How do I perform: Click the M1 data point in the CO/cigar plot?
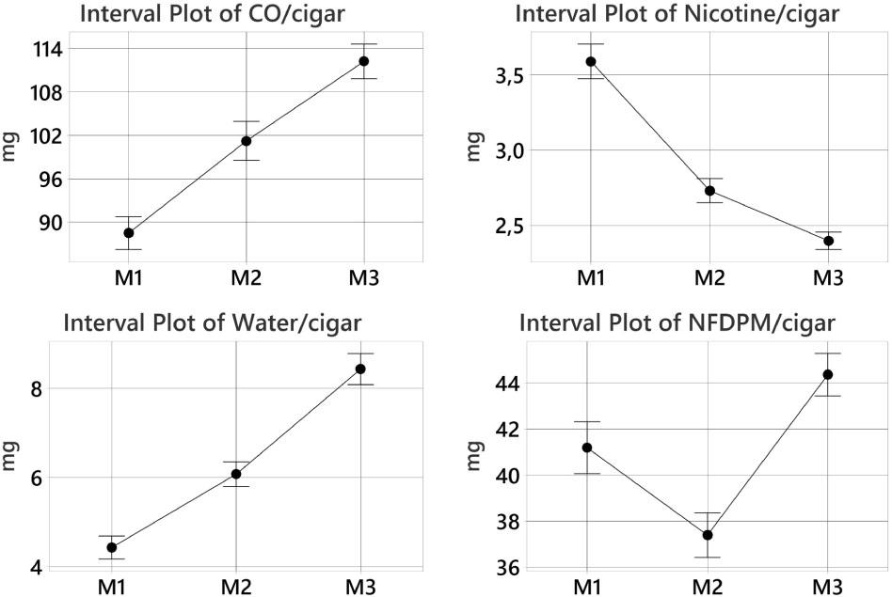[128, 233]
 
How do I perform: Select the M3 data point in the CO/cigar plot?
[363, 61]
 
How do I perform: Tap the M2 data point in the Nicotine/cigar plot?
[710, 191]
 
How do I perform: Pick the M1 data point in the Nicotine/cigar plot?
[591, 62]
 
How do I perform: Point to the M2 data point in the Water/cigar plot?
[236, 474]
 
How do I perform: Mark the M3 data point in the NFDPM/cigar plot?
[828, 374]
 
